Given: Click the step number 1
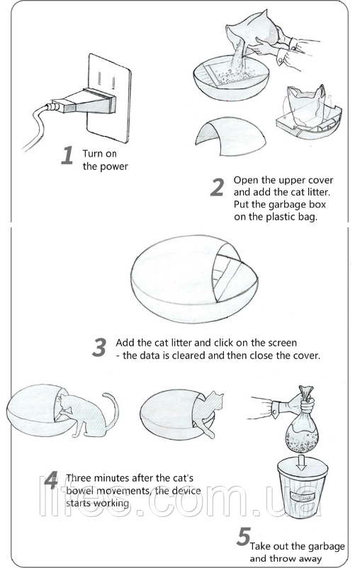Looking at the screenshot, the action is point(67,155).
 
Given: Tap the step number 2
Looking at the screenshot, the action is point(217,187).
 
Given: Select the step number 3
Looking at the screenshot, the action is point(99,347).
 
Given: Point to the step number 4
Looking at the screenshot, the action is point(51,480).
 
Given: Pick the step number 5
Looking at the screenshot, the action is point(244,537).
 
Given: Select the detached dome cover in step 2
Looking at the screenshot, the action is point(230,136).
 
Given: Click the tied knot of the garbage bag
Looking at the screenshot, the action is point(305,392).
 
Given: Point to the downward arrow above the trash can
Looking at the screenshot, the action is point(300,462).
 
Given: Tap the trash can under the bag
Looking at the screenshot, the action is point(303,487).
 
